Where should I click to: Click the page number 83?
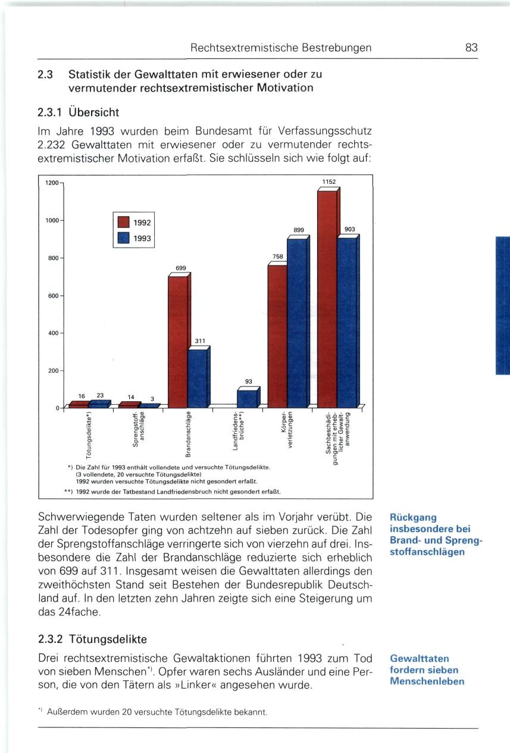[471, 48]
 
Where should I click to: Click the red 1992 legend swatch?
[123, 222]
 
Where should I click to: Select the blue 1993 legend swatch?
[123, 239]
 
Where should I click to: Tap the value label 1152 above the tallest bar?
[330, 182]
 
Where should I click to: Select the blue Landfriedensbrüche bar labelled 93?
[247, 398]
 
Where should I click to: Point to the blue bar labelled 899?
[297, 321]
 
